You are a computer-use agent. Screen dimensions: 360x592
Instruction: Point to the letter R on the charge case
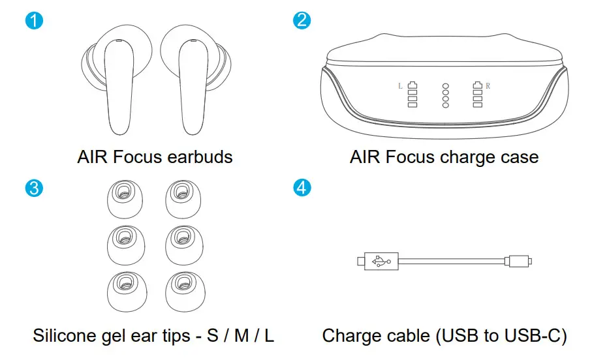coord(488,85)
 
